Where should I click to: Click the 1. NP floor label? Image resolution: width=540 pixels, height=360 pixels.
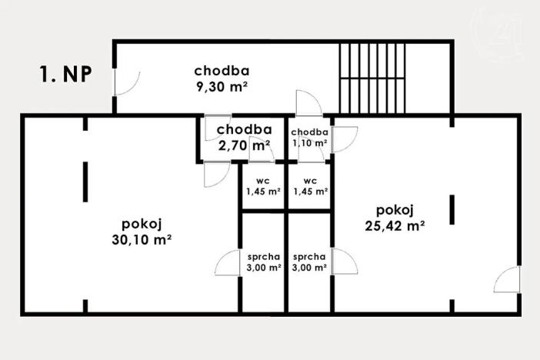[65, 75]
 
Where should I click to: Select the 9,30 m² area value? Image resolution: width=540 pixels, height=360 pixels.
[222, 87]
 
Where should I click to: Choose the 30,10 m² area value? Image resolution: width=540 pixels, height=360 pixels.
[141, 239]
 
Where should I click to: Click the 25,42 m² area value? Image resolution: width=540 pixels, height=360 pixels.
[396, 225]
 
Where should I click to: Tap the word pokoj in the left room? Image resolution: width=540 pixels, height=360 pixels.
[141, 224]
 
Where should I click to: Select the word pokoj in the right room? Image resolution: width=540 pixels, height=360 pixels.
[395, 210]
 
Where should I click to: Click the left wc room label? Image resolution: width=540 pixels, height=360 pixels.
[262, 182]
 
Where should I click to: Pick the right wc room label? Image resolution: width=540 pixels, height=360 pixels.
[310, 182]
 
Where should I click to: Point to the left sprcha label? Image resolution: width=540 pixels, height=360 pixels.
[263, 257]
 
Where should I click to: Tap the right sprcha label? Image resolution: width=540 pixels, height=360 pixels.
[310, 257]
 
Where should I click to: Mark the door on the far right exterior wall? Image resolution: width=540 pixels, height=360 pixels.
[507, 281]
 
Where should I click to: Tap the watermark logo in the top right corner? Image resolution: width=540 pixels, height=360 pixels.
[502, 35]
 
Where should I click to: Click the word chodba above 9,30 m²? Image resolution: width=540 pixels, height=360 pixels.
[222, 72]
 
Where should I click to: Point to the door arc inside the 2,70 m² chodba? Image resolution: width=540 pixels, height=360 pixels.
[262, 152]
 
